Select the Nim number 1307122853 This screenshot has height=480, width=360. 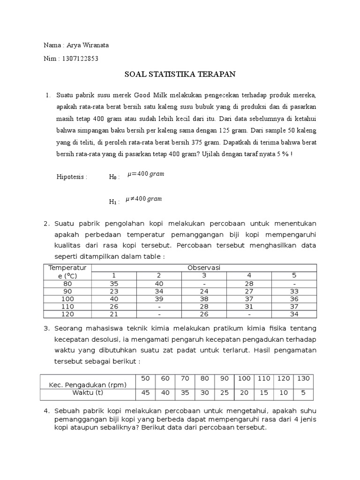pos(79,59)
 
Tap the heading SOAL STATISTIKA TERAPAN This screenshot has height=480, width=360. pos(180,74)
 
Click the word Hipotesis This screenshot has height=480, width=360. pos(72,177)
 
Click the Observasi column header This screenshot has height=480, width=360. pos(204,268)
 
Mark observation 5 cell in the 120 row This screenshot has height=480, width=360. pos(294,314)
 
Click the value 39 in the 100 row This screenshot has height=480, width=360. pos(158,299)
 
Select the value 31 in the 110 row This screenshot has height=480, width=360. pos(249,307)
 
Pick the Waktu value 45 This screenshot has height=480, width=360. pos(145,393)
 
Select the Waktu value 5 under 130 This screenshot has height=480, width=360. pos(304,393)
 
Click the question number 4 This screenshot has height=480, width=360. pos(46,411)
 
